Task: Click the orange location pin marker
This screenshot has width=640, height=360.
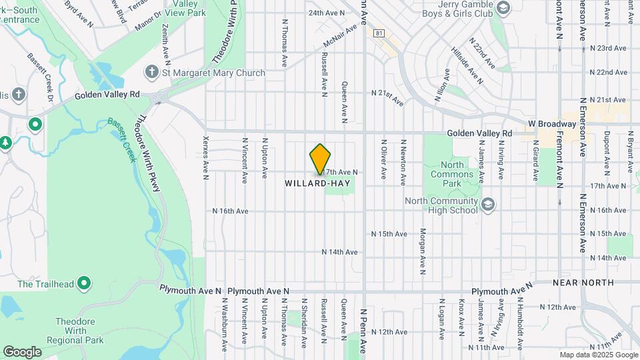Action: (320, 159)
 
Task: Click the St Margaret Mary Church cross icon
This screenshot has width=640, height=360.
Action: (151, 72)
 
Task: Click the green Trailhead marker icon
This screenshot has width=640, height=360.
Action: (83, 284)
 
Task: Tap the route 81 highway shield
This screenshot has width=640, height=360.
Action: (379, 33)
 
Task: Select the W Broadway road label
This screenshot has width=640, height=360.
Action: (551, 124)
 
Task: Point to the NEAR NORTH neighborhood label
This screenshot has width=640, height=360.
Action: (583, 283)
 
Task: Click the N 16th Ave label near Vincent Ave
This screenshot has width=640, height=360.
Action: (230, 211)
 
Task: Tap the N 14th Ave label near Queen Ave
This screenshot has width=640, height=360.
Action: (339, 252)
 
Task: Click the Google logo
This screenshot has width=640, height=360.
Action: (22, 351)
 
